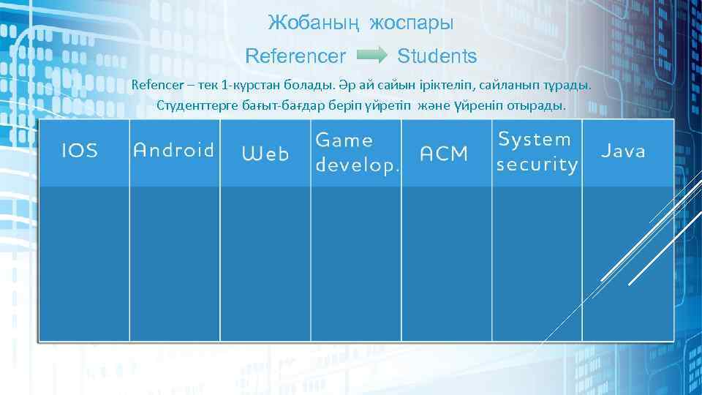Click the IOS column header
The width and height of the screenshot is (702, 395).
(80, 151)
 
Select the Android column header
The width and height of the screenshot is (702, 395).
(174, 151)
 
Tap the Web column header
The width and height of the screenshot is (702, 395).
(265, 154)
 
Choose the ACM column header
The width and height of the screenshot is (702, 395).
(444, 154)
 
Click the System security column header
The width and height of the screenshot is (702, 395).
(537, 152)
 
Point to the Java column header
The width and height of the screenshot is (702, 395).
(624, 151)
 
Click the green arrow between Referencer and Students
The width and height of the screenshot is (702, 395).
(372, 56)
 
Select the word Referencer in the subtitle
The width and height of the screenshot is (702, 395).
(295, 56)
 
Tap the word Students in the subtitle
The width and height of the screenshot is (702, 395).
(437, 56)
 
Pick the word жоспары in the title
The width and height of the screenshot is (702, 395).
(412, 23)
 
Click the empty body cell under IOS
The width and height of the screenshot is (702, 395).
(84, 263)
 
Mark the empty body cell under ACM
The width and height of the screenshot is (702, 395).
(446, 263)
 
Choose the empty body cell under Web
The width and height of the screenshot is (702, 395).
(265, 263)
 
